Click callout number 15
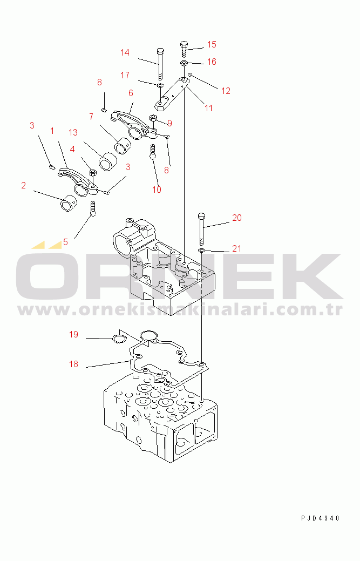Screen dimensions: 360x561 click(x=212, y=44)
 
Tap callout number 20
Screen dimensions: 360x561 click(x=236, y=218)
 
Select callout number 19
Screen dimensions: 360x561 click(x=73, y=335)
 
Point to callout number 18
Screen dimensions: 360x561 click(x=73, y=364)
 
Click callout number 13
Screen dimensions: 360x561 click(x=73, y=133)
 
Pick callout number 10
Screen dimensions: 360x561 click(x=157, y=190)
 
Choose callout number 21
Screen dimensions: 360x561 click(x=236, y=249)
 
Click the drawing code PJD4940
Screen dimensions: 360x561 click(x=320, y=518)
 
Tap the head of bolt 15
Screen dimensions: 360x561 click(x=184, y=44)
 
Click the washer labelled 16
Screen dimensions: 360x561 click(x=184, y=64)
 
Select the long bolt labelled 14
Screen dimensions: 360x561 click(x=160, y=64)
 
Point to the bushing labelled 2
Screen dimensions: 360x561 click(x=69, y=204)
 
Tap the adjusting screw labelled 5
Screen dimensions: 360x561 click(x=93, y=208)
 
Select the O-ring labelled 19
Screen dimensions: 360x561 click(x=119, y=338)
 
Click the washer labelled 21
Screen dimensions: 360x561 click(x=202, y=249)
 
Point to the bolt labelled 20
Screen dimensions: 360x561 click(x=201, y=227)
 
